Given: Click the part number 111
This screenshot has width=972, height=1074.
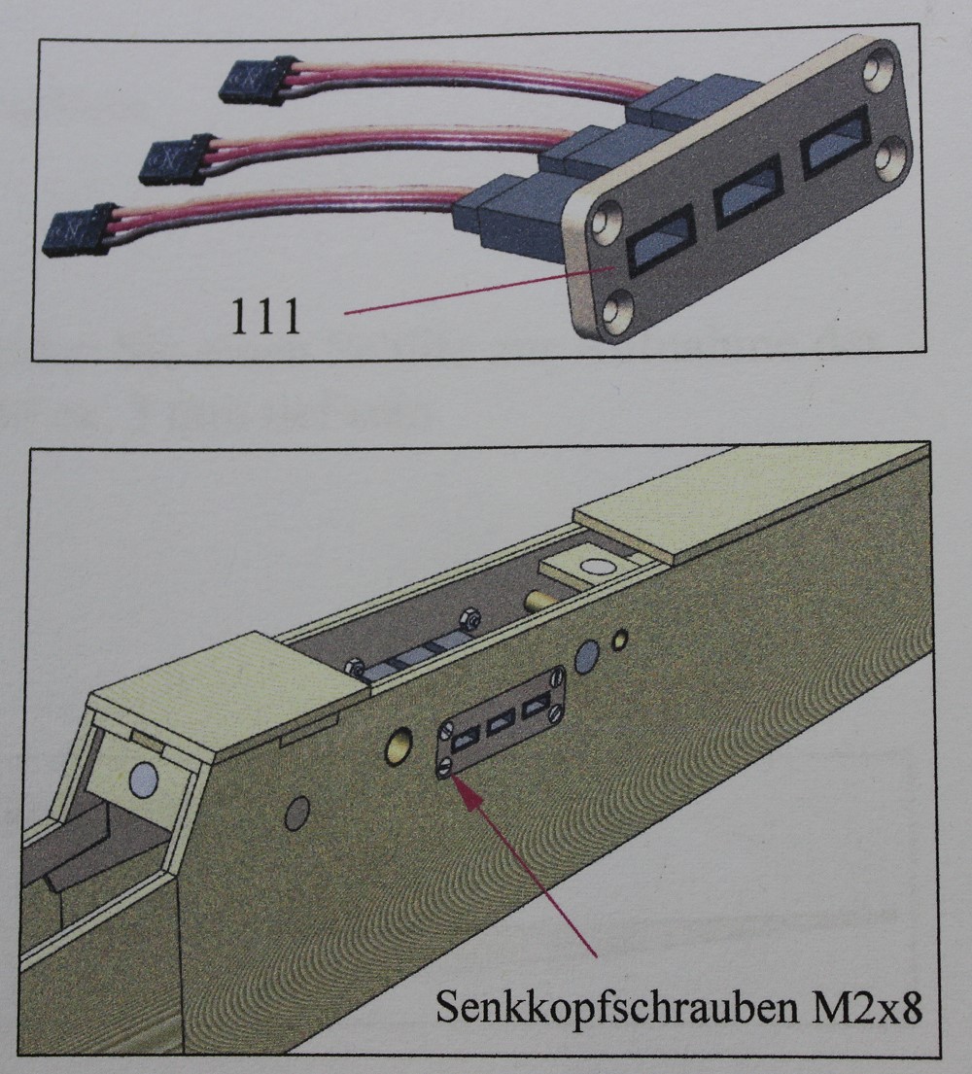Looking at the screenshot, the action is click(265, 317).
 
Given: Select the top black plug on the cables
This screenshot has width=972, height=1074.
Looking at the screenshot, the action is click(258, 80).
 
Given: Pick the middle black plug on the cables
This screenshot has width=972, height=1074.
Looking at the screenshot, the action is click(177, 158).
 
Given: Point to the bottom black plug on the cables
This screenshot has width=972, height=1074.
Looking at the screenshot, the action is click(80, 229).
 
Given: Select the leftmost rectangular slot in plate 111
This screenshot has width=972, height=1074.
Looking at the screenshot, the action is click(660, 241).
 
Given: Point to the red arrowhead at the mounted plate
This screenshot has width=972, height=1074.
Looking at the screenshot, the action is click(469, 793).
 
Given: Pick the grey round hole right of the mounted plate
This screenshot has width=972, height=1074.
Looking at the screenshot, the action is click(588, 658).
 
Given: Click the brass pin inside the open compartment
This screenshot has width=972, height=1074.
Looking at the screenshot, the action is click(538, 602).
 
